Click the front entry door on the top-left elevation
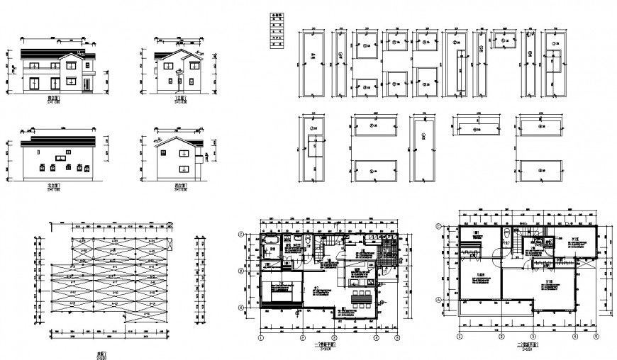tap(87, 84)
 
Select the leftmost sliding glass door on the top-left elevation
tap(35, 84)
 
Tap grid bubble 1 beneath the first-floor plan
tap(261, 339)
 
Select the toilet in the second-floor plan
tap(504, 235)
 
